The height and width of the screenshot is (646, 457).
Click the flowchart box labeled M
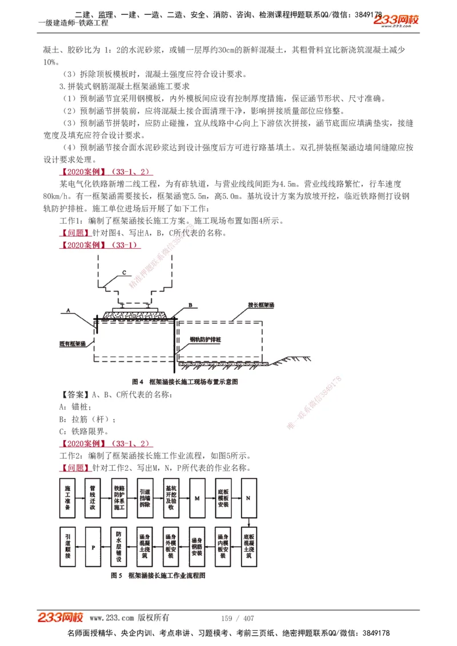pos(197,498)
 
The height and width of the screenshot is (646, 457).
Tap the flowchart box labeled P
pos(93,546)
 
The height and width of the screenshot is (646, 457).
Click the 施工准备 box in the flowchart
pos(67,498)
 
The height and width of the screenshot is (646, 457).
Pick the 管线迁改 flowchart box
pos(93,498)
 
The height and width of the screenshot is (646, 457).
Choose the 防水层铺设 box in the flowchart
pos(119,546)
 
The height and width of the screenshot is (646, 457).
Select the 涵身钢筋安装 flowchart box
pos(197,546)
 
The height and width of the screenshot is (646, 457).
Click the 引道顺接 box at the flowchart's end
pos(67,546)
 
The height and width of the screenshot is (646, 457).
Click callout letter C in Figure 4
pos(123,273)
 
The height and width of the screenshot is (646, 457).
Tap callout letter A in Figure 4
pos(67,310)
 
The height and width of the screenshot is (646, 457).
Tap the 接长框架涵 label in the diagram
pos(262,305)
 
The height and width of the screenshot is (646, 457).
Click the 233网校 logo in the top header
pos(396,21)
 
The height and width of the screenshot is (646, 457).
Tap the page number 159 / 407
pos(237,618)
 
